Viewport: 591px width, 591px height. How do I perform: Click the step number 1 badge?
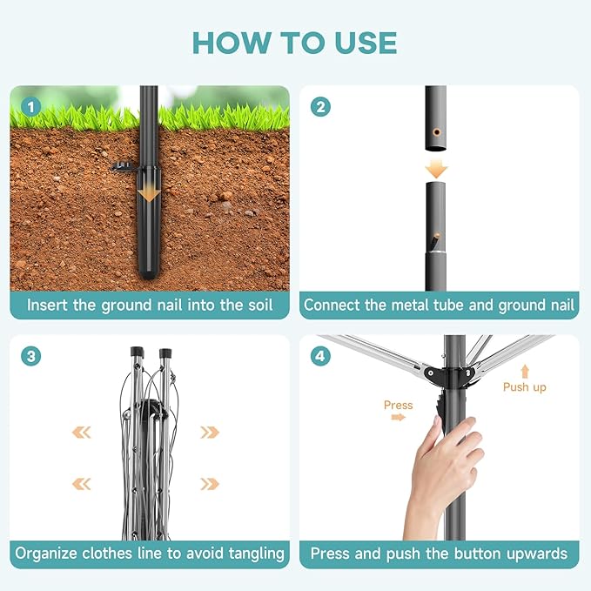point(31,107)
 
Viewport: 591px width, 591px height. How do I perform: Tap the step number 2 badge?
point(320,107)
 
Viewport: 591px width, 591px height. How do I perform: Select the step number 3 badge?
point(31,356)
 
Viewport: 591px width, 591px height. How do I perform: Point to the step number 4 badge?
point(320,356)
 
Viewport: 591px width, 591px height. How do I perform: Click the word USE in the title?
point(366,43)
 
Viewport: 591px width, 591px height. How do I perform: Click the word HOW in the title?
point(232,43)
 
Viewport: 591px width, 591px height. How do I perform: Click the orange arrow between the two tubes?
point(436,168)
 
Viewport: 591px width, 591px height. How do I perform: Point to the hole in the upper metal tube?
point(437,132)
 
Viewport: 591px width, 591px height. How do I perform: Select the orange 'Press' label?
point(398,406)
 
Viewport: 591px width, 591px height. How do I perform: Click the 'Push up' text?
point(524,387)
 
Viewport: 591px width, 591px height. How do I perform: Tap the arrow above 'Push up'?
point(525,372)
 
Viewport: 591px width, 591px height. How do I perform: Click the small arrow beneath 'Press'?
point(399,417)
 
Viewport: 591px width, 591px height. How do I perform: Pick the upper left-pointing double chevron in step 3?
point(82,433)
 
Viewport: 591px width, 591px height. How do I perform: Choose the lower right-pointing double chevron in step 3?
point(210,484)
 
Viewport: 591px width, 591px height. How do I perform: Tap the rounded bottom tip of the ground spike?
point(149,274)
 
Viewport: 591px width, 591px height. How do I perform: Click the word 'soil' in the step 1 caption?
point(260,305)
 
